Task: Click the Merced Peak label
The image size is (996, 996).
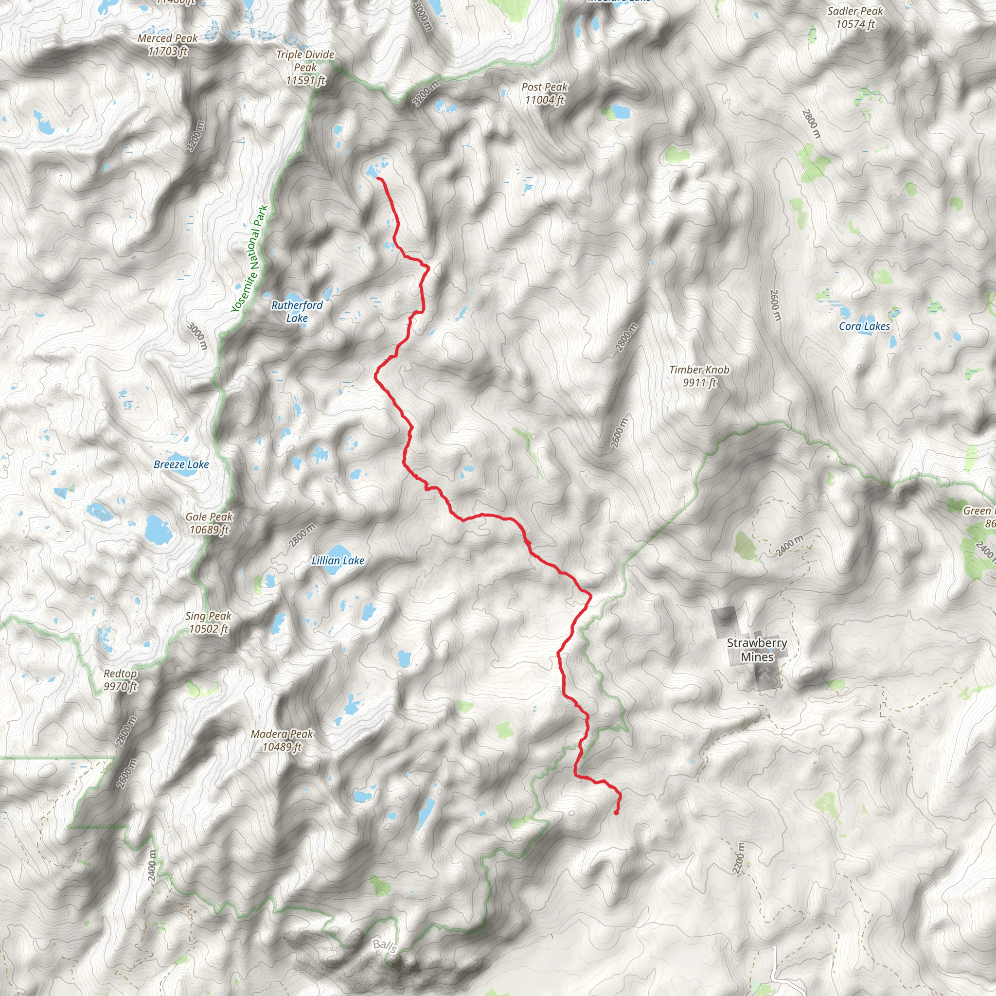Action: click(x=168, y=45)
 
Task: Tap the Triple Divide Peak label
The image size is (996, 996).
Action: click(x=305, y=68)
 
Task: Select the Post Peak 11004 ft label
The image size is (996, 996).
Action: click(x=544, y=93)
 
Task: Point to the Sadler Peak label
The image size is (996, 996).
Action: click(x=855, y=18)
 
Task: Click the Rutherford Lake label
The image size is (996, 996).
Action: click(x=297, y=311)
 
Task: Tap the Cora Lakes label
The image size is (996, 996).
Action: click(x=865, y=326)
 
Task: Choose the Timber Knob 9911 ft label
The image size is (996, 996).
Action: click(x=699, y=376)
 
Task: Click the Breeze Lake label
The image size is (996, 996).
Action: click(x=181, y=464)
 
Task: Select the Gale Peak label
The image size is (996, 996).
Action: click(x=209, y=523)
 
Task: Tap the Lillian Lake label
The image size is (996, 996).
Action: click(x=338, y=560)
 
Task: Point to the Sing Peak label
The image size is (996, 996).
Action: click(x=208, y=622)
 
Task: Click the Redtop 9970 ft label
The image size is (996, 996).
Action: click(x=120, y=679)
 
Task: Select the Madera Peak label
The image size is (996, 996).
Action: click(x=282, y=740)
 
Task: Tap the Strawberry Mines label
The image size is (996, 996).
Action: click(x=757, y=650)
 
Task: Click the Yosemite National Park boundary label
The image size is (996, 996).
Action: click(x=249, y=259)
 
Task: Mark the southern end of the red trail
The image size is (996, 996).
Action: click(x=617, y=813)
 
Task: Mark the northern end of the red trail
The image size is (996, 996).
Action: click(x=378, y=178)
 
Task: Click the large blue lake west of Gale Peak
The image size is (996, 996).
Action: click(x=158, y=529)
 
